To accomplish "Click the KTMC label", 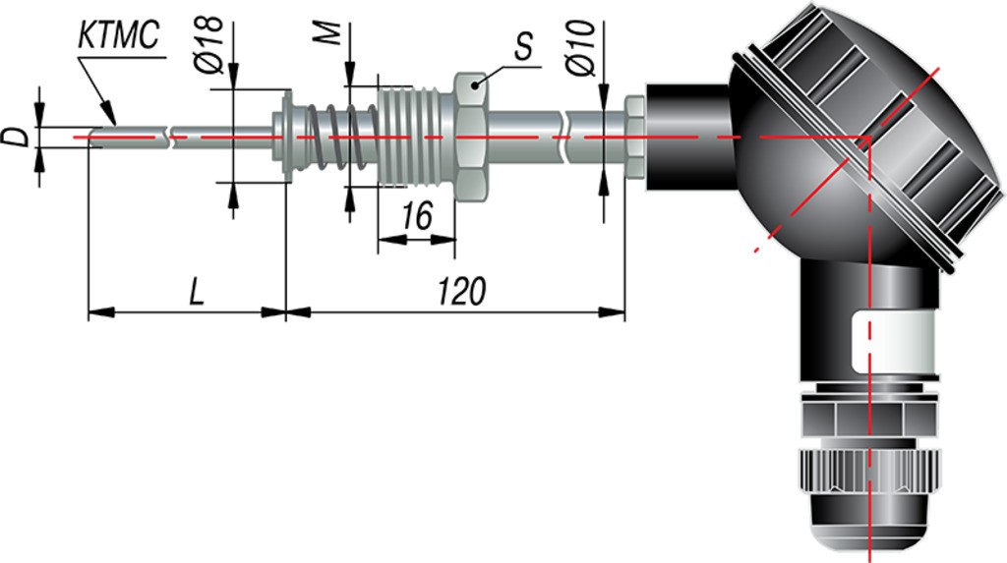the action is coord(118,35).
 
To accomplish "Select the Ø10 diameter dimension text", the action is coord(582,48).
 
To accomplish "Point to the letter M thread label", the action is coord(330,33).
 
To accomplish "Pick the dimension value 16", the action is coord(417,216).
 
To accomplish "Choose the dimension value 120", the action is coord(462,292).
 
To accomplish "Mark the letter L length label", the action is coord(197,292).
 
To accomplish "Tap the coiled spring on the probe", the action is coord(334,138).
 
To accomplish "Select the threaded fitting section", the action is coord(416,138).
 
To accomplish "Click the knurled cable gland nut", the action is coord(868,471).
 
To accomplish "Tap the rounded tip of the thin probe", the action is coord(93,138).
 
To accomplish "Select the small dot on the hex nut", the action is coord(475,84).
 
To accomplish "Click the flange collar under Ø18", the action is coord(286,137).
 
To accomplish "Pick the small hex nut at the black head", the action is coord(635,137).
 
